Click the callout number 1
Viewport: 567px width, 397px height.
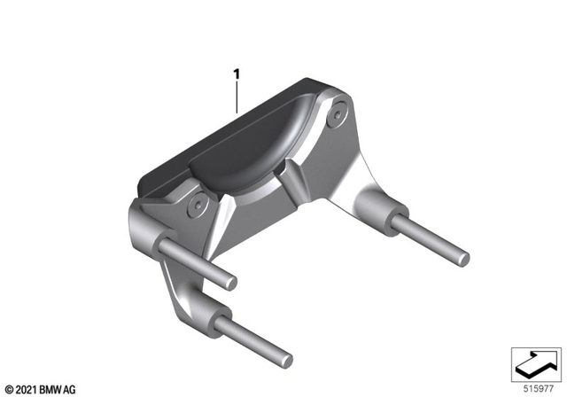tap(237, 75)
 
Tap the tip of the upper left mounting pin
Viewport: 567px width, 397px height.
tap(233, 283)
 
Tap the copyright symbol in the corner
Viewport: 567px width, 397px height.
tap(9, 389)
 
